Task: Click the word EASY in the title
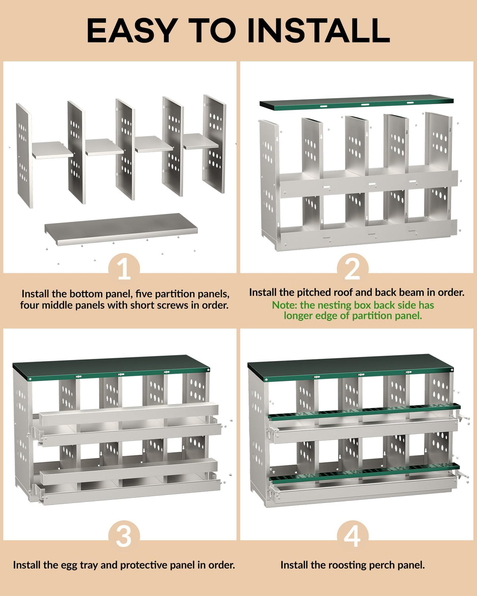pos(132,31)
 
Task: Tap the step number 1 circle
pos(124,267)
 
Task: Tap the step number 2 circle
pos(353,267)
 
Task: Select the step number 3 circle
pos(124,536)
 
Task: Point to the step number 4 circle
pos(353,536)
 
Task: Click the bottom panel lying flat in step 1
pos(121,229)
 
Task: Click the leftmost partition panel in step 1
pos(24,155)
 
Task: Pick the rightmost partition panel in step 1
pos(214,143)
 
